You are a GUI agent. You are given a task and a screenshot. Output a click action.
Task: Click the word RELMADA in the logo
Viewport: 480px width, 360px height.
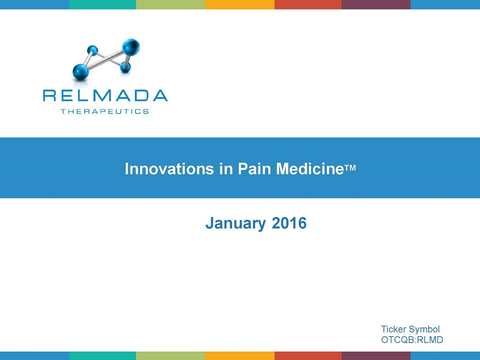pyautogui.click(x=105, y=96)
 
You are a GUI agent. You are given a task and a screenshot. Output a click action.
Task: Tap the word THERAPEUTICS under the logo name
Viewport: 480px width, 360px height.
pyautogui.click(x=105, y=111)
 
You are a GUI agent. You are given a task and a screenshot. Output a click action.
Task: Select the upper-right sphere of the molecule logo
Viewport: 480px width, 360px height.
pyautogui.click(x=131, y=47)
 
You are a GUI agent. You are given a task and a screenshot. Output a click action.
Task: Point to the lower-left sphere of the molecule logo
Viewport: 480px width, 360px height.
pyautogui.click(x=81, y=72)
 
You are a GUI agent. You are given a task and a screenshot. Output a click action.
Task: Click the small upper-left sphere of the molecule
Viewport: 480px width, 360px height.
pyautogui.click(x=93, y=50)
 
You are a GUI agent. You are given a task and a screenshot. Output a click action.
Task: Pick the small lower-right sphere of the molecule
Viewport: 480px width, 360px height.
pyautogui.click(x=125, y=67)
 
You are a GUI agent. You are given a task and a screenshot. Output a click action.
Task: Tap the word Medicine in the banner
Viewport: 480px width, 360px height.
pyautogui.click(x=310, y=169)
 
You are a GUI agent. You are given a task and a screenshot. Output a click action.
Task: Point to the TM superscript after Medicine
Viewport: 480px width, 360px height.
pyautogui.click(x=350, y=168)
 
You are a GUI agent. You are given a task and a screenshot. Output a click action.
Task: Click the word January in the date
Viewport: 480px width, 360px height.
pyautogui.click(x=235, y=223)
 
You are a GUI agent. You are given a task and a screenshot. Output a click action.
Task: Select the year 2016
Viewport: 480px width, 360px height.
pyautogui.click(x=289, y=223)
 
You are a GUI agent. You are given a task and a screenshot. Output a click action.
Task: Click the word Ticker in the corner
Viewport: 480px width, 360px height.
pyautogui.click(x=394, y=329)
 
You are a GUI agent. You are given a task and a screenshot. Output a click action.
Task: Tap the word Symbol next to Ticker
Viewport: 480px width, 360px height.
pyautogui.click(x=424, y=329)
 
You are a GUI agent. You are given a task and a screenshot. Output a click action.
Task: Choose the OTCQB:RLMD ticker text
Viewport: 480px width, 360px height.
pyautogui.click(x=412, y=340)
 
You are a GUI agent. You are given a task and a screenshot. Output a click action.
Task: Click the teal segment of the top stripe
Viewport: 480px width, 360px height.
pyautogui.click(x=103, y=5)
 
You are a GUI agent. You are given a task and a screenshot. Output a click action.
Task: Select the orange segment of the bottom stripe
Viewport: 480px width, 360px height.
pyautogui.click(x=239, y=355)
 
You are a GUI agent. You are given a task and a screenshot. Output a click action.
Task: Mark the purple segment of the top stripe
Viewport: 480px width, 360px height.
pyautogui.click(x=376, y=5)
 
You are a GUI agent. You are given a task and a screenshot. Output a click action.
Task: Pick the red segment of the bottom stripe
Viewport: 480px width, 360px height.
pyautogui.click(x=308, y=355)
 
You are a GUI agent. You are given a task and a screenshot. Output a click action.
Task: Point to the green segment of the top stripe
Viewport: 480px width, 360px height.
pyautogui.click(x=171, y=5)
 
